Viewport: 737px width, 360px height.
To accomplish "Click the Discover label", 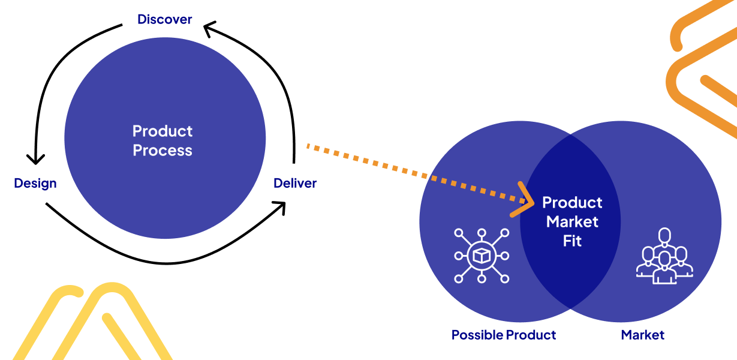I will coord(164,19).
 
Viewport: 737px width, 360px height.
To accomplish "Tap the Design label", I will coord(35,183).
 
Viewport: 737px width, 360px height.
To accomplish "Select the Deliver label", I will coord(294,183).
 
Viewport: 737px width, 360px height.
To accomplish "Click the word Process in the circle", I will coord(163,150).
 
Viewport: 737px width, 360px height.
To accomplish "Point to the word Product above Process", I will coord(163,131).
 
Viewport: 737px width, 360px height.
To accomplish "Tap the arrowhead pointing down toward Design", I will coord(35,158).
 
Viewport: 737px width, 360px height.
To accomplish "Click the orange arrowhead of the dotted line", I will coord(525,199).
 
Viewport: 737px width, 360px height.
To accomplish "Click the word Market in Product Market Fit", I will coord(572,221).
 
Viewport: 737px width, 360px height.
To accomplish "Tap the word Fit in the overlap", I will coord(572,241).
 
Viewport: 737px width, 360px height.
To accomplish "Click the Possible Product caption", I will coord(504,335).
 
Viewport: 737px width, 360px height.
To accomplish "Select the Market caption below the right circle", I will coord(642,335).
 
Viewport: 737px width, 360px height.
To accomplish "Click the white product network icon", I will coord(481,256).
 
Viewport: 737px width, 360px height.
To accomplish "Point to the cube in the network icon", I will coord(481,256).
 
